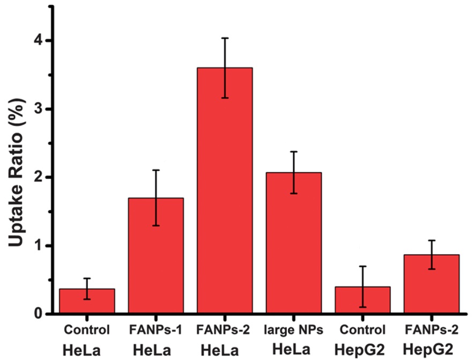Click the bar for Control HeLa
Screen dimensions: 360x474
(x=87, y=302)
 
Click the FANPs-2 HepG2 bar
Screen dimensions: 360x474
(x=432, y=284)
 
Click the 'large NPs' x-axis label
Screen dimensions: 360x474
(x=294, y=329)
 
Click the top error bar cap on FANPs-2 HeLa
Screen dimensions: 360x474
(x=225, y=38)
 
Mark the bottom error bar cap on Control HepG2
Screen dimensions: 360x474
(x=362, y=307)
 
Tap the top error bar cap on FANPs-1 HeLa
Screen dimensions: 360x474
(x=155, y=170)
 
